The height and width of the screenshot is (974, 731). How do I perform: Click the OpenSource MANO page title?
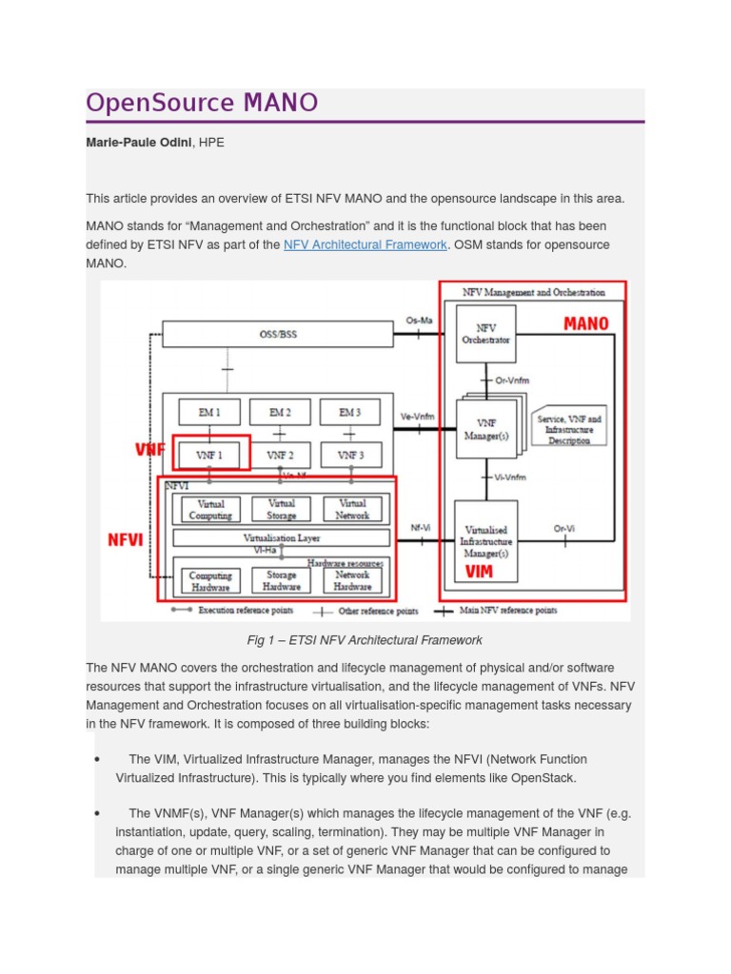click(202, 103)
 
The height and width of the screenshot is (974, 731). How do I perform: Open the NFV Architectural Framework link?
click(365, 244)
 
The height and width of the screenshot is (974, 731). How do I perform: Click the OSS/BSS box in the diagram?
click(278, 334)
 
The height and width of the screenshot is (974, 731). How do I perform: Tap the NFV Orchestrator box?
click(485, 334)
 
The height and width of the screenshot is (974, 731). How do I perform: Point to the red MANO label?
click(585, 324)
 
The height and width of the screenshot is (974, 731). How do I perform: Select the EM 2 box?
click(280, 412)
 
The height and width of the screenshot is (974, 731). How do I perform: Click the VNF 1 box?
click(210, 455)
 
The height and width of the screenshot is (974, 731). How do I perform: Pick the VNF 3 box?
click(350, 455)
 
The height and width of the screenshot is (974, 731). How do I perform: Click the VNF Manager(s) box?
click(485, 429)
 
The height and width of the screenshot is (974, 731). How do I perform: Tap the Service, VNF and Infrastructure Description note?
click(569, 429)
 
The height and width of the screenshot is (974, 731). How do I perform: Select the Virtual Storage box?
click(281, 509)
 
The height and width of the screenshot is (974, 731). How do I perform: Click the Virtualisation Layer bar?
click(281, 537)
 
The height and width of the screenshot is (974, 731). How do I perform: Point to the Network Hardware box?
click(352, 580)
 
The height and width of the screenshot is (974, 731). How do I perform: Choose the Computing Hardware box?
click(210, 580)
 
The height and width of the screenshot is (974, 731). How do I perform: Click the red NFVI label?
click(126, 540)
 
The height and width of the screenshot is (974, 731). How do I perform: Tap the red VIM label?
click(479, 573)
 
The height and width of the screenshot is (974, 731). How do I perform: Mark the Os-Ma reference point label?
click(419, 321)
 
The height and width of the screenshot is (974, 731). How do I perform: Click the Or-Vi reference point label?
click(564, 529)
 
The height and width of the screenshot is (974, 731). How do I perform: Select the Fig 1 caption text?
click(365, 640)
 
